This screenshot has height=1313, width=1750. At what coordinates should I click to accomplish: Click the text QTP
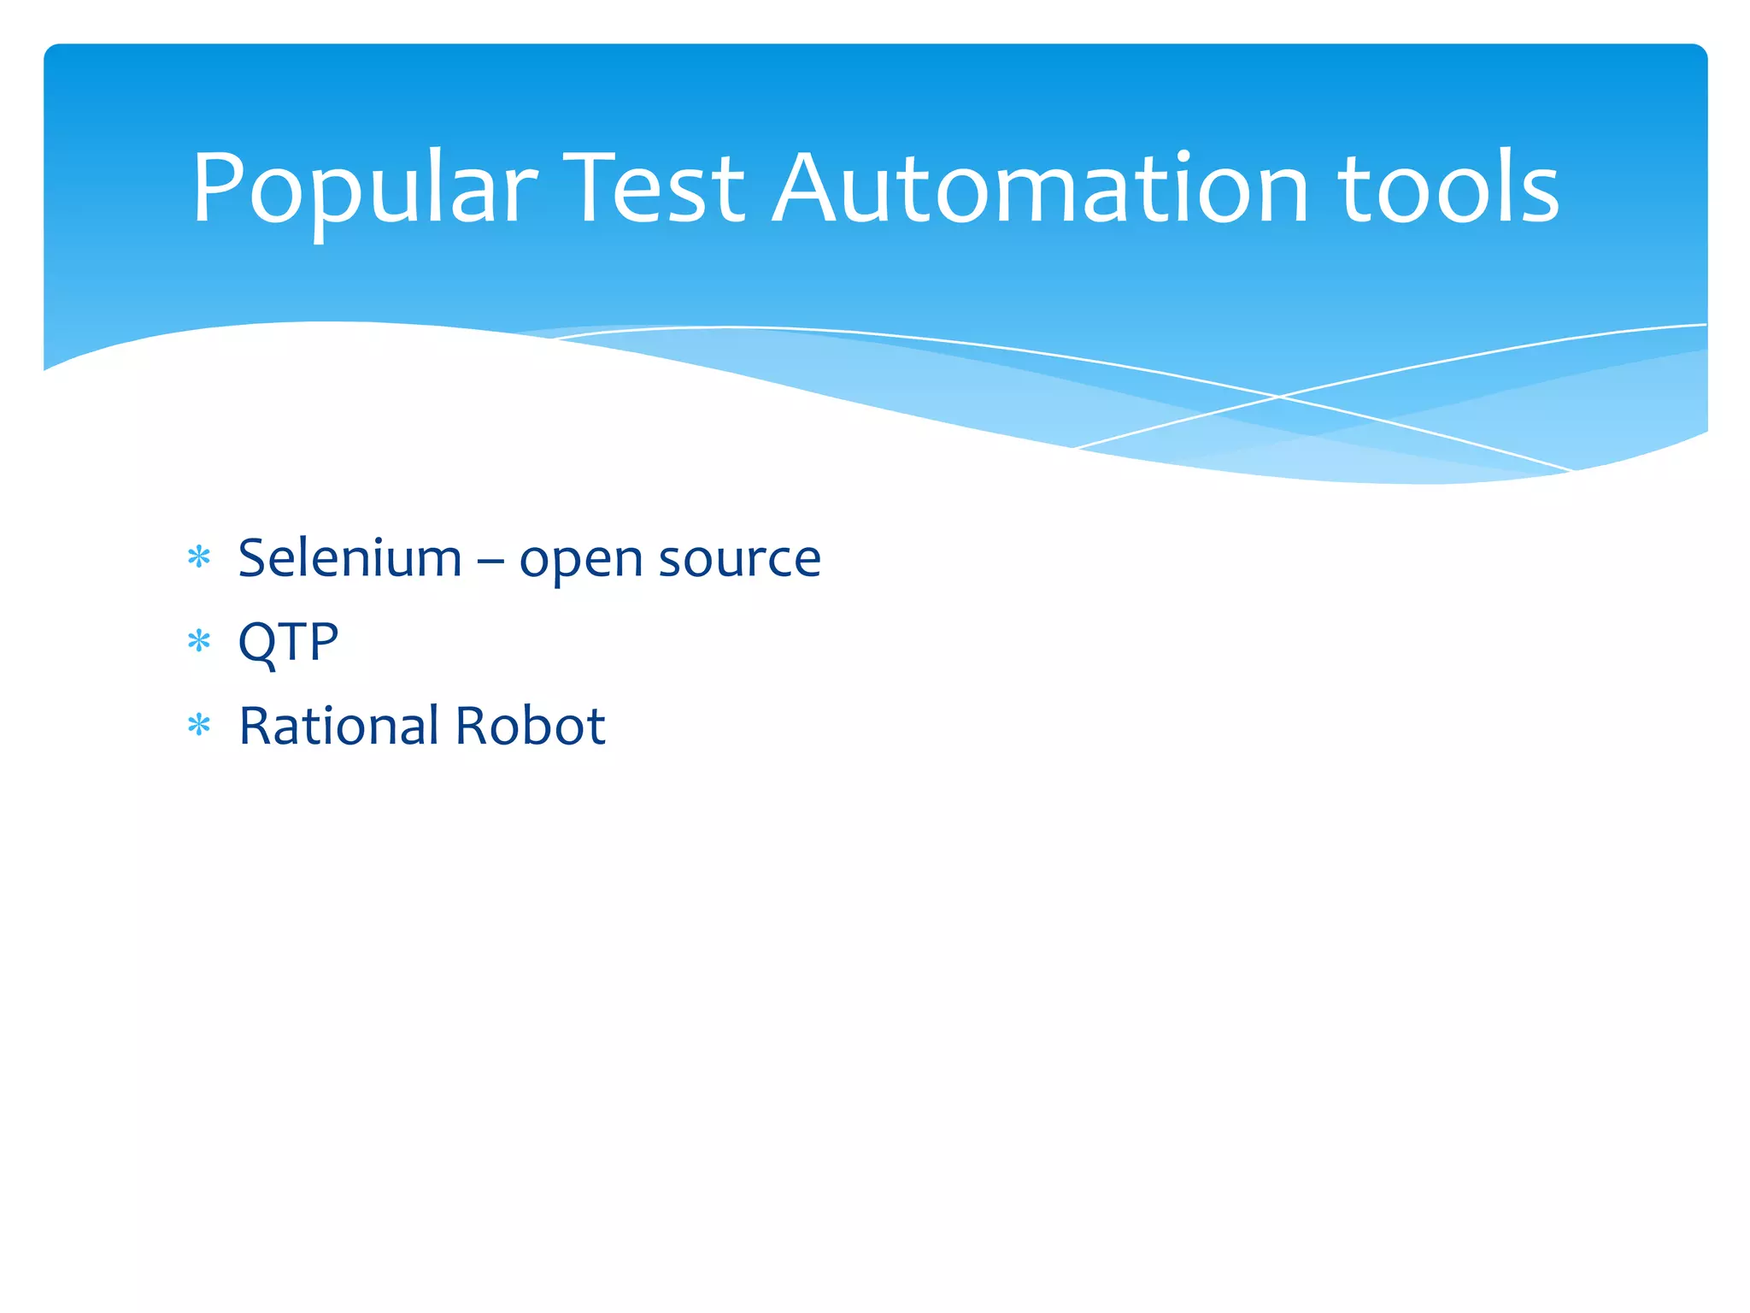(288, 642)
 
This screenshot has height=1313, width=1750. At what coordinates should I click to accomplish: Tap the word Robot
(530, 726)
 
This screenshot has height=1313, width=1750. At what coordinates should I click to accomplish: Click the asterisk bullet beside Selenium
(199, 558)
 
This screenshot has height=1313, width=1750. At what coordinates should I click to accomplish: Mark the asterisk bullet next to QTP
(199, 641)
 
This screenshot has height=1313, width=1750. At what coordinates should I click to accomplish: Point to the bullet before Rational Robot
(199, 726)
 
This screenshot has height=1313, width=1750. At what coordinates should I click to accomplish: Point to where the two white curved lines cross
(1279, 397)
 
